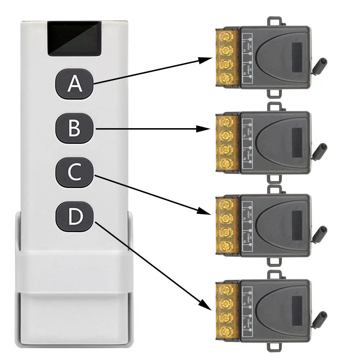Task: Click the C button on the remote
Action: tap(75, 173)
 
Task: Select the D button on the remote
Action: tap(75, 217)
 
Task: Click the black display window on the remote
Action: tap(74, 39)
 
